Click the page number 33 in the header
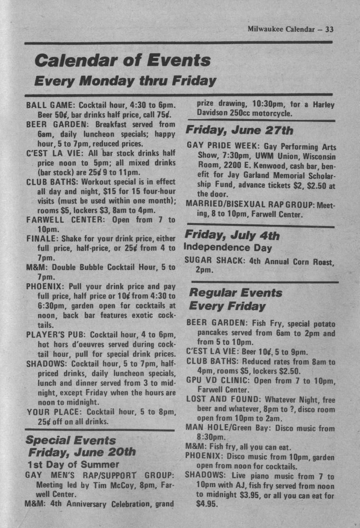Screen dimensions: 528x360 coord(329,29)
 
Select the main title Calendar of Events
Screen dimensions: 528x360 coord(123,60)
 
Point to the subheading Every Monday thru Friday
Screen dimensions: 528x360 coord(126,81)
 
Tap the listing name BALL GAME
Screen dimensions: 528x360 coord(47,105)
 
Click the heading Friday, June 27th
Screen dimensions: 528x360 coord(239,130)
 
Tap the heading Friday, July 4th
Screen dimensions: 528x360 coord(232,235)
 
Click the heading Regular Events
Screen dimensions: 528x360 coord(236,293)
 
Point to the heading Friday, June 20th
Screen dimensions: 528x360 coord(82,452)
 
